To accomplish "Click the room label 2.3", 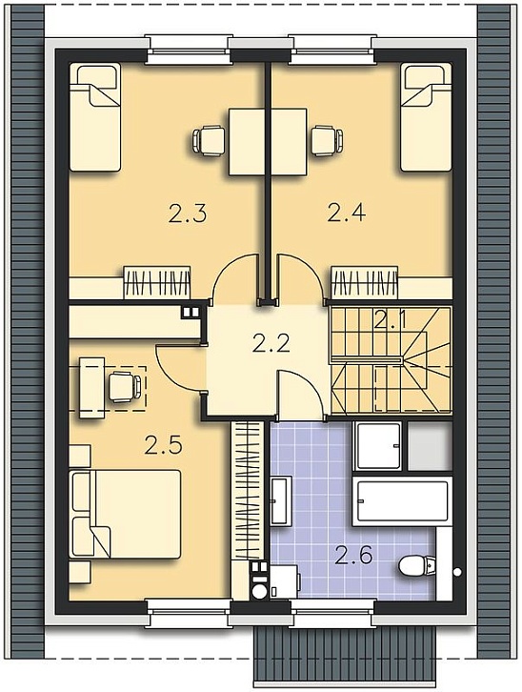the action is click(x=188, y=214).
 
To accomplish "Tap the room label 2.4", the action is click(x=347, y=213).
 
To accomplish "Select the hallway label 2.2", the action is click(x=271, y=342).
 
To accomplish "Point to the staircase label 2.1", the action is click(x=391, y=319).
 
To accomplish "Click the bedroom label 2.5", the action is click(x=163, y=445).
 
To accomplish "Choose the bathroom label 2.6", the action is click(x=353, y=555).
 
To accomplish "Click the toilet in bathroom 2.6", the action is click(x=417, y=565).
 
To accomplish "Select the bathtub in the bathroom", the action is click(x=402, y=501).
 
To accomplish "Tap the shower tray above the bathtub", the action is click(x=378, y=446).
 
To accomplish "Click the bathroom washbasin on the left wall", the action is click(x=280, y=500).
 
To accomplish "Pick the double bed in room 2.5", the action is click(x=126, y=514).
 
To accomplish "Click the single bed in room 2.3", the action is click(x=95, y=117).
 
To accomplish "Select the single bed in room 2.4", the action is click(x=427, y=117).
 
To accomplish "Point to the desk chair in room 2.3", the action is click(x=208, y=141).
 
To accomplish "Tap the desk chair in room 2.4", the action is click(x=327, y=141).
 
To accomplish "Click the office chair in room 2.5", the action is click(x=125, y=387).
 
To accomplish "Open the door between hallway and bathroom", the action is click(x=300, y=394).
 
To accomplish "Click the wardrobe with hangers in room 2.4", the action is click(x=364, y=282).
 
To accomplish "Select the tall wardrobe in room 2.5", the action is click(x=247, y=490).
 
